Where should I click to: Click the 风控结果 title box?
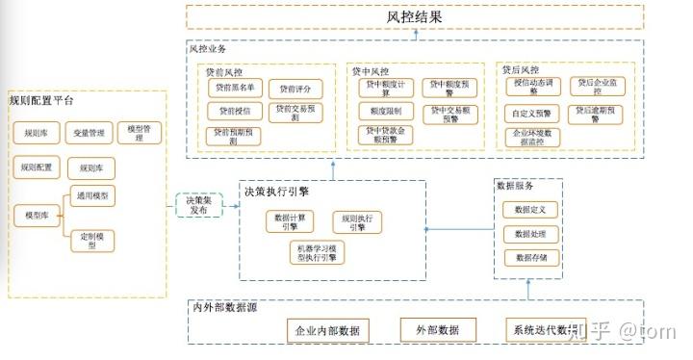pos(415,16)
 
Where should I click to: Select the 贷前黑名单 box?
pos(234,88)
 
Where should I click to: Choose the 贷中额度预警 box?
pos(450,88)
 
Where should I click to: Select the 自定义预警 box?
pos(530,112)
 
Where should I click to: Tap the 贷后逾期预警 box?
pos(598,113)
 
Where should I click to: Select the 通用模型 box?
pos(92,195)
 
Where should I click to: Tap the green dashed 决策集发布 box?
pos(198,204)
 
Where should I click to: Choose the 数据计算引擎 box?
pos(290,221)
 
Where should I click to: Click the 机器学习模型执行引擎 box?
pos(316,253)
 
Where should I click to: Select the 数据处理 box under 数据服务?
pos(529,233)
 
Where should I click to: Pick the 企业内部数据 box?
pos(328,330)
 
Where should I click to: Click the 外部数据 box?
pos(438,330)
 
